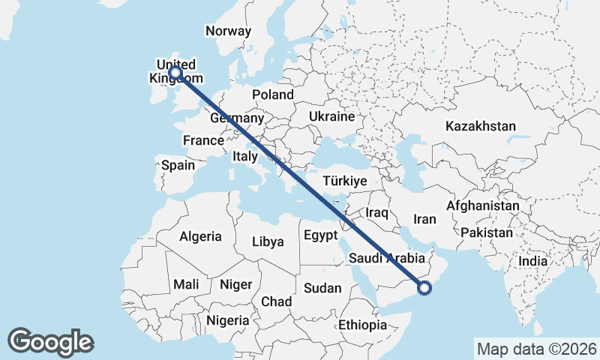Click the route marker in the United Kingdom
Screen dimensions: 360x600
pos(175,73)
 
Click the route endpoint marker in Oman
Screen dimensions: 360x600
pos(425,287)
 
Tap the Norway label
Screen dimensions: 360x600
pos(228,31)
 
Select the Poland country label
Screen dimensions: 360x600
pos(273,94)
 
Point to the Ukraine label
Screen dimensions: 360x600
pos(331,117)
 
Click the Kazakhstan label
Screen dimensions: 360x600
pos(481,126)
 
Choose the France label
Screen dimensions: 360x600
pos(203,140)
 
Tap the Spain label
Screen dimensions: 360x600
pos(178,165)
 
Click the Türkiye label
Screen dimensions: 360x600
pos(344,181)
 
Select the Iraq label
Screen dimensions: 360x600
pos(377,213)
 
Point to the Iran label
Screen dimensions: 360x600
pos(424,219)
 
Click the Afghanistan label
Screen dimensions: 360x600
pos(483,205)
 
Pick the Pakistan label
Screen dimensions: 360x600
pos(487,232)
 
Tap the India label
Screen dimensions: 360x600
pos(533,261)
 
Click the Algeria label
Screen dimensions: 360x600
pos(200,236)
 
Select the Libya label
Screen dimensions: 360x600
pos(268,241)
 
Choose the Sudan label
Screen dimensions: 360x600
pos(322,288)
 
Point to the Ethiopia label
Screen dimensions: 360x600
pos(362,325)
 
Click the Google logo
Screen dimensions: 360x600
pos(50,341)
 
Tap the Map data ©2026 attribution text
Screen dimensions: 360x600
pos(537,349)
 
